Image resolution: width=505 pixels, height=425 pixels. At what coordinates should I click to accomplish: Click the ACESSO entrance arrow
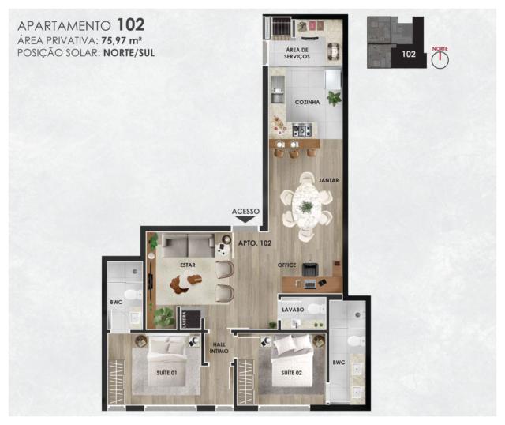tap(245, 220)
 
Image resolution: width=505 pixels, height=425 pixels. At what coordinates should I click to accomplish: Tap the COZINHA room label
tap(307, 102)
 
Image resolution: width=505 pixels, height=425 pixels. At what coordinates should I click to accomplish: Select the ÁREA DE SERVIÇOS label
tap(297, 53)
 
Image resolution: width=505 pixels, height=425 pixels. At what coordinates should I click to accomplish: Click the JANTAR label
tap(328, 180)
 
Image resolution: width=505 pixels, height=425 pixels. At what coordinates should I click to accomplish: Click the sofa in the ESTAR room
tap(188, 246)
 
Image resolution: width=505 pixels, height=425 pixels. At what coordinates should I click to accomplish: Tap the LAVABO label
tap(293, 310)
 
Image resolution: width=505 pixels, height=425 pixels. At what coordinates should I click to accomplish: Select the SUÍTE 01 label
tap(166, 373)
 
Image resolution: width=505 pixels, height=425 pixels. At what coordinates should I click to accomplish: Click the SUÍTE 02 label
tap(291, 373)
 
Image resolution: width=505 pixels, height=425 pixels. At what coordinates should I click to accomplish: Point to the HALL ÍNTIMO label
tap(219, 348)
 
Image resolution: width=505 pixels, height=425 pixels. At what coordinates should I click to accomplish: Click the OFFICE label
tap(286, 265)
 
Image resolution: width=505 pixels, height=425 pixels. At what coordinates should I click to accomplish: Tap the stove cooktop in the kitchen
tap(302, 130)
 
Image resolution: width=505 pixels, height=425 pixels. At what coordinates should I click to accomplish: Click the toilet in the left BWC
tap(133, 294)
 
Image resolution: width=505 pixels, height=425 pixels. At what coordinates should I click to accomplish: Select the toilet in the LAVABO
tap(316, 309)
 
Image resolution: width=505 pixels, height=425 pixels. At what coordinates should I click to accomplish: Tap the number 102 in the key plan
tap(409, 54)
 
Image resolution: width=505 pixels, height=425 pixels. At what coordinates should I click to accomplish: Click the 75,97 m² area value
tap(122, 40)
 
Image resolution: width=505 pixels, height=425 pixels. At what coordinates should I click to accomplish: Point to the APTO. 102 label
tap(255, 243)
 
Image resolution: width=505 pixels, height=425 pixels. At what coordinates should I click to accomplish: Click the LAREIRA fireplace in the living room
tap(191, 318)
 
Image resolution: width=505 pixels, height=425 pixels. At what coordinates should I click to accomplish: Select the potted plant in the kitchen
tap(334, 97)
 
